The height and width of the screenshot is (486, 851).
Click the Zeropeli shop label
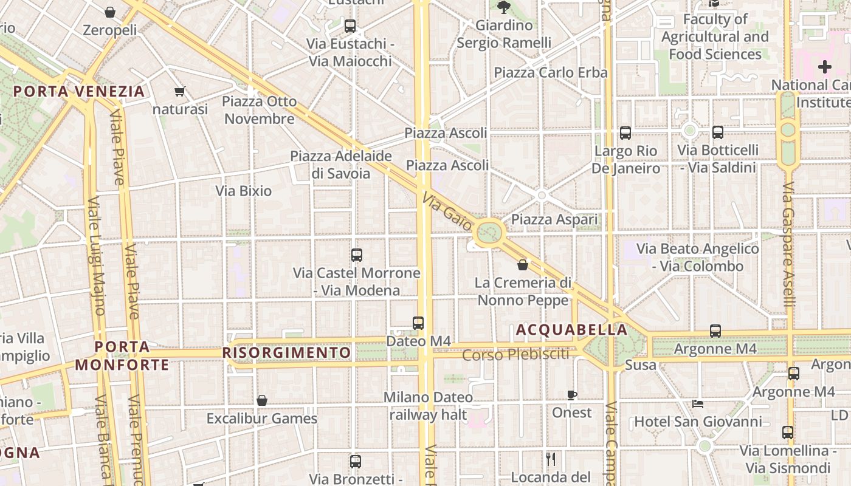[109, 30]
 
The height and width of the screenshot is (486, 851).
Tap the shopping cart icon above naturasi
[179, 92]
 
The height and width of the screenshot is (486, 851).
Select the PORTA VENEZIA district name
[79, 92]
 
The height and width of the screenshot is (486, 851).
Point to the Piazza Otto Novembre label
[259, 110]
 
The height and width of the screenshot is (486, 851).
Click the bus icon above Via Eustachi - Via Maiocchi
[350, 26]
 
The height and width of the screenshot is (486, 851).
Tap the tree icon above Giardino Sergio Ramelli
[503, 7]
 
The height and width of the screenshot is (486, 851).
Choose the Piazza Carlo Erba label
[550, 73]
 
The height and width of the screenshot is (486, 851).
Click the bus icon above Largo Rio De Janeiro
[625, 133]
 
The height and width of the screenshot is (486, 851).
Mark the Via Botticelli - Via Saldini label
[717, 159]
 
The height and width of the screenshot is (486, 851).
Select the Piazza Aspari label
[554, 219]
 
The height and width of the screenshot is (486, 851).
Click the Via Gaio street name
[447, 213]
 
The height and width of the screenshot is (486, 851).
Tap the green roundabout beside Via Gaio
[490, 232]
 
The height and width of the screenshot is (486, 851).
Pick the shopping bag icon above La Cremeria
[522, 265]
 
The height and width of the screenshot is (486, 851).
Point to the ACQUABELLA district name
[571, 330]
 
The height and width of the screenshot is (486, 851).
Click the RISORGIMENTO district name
[286, 353]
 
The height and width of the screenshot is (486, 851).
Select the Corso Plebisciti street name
[515, 354]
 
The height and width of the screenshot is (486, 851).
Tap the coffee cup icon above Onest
[571, 395]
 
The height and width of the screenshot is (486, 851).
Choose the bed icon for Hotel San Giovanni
[698, 404]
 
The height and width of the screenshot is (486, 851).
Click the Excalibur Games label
[261, 419]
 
